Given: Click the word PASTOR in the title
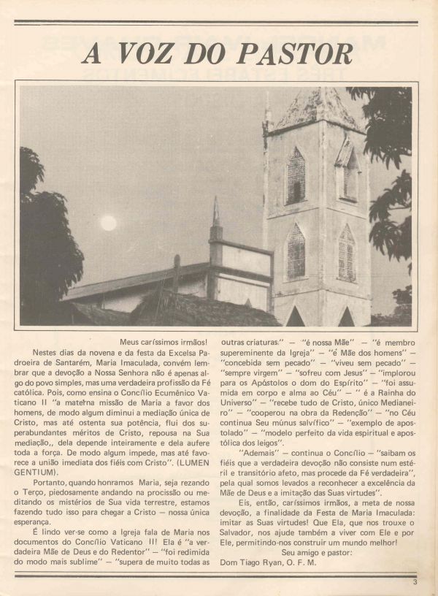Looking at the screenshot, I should [x=299, y=54].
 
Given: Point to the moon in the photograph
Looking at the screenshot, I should [x=108, y=223].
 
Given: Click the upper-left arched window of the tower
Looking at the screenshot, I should [x=296, y=176].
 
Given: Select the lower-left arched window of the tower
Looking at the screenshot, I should [x=296, y=251].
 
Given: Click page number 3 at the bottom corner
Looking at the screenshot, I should [x=414, y=582].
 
